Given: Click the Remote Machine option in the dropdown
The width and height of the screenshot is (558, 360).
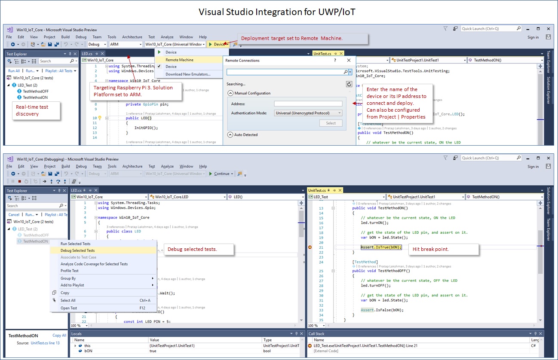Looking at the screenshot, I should pos(179,60).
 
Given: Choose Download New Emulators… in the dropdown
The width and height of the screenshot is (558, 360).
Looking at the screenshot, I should pos(188,74).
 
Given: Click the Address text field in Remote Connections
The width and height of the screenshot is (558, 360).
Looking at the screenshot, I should pos(308,104).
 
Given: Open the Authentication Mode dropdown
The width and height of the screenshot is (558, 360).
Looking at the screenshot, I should pos(308,113).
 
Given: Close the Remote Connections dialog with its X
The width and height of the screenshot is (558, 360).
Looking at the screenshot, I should pos(349,61).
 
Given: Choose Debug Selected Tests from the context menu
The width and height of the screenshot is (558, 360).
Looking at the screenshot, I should pos(77,250).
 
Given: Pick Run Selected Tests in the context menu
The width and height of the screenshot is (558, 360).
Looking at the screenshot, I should pos(75,244).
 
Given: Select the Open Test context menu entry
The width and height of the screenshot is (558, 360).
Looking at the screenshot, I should pos(69,308).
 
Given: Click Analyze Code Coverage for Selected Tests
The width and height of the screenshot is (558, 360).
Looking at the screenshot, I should pos(94,264).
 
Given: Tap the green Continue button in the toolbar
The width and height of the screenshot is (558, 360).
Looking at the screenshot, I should pos(221,174).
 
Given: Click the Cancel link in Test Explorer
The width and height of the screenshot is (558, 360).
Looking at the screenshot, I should pos(14,214).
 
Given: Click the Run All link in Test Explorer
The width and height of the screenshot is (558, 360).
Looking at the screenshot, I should pos(14,71).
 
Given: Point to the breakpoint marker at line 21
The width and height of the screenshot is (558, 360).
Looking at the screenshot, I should pos(310,247).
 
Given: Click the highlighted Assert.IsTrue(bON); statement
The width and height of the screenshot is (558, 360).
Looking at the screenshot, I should pos(381,247).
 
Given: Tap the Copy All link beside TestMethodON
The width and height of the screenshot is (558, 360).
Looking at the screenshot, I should pos(59,336).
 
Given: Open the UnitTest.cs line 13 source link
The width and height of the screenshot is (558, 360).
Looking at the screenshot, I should pos(45,343).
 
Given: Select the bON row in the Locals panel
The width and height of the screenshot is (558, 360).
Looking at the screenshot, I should pos(88,351).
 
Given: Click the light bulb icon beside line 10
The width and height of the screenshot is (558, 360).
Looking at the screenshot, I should pos(99,118).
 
